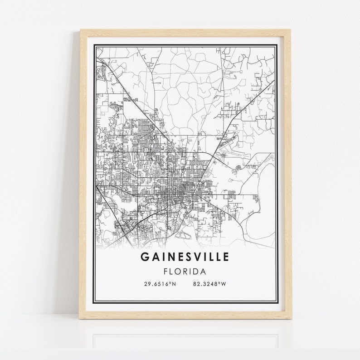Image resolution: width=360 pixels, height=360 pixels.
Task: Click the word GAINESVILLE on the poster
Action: coord(185,257)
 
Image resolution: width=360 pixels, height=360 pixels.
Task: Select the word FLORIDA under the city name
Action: coord(185,272)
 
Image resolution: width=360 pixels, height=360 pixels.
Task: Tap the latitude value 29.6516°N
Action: coord(160,284)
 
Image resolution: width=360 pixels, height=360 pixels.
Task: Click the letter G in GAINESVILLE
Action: coord(144,257)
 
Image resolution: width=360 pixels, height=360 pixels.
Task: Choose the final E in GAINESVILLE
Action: coord(226,257)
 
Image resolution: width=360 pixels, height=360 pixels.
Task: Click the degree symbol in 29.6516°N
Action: coord(170,283)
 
